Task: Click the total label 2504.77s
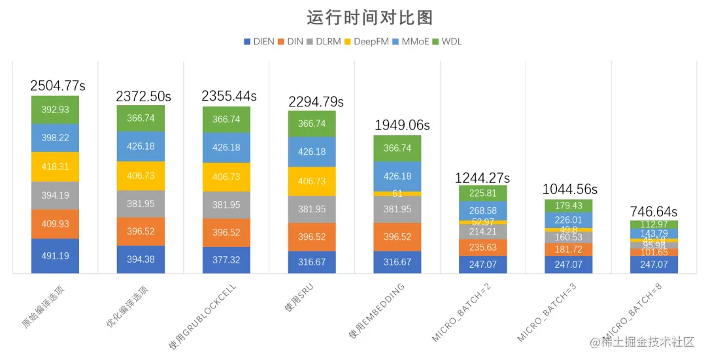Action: pos(58,86)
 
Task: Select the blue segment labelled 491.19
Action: pos(55,256)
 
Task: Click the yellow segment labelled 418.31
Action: pos(55,167)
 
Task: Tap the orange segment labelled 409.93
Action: pos(55,224)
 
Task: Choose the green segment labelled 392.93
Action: pos(55,110)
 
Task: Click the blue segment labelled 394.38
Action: pos(141,259)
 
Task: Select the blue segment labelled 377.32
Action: pos(226,260)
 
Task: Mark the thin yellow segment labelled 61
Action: pos(397,193)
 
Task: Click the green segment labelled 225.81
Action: pos(483,193)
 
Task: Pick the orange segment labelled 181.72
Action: pos(569,250)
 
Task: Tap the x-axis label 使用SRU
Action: pos(297,299)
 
